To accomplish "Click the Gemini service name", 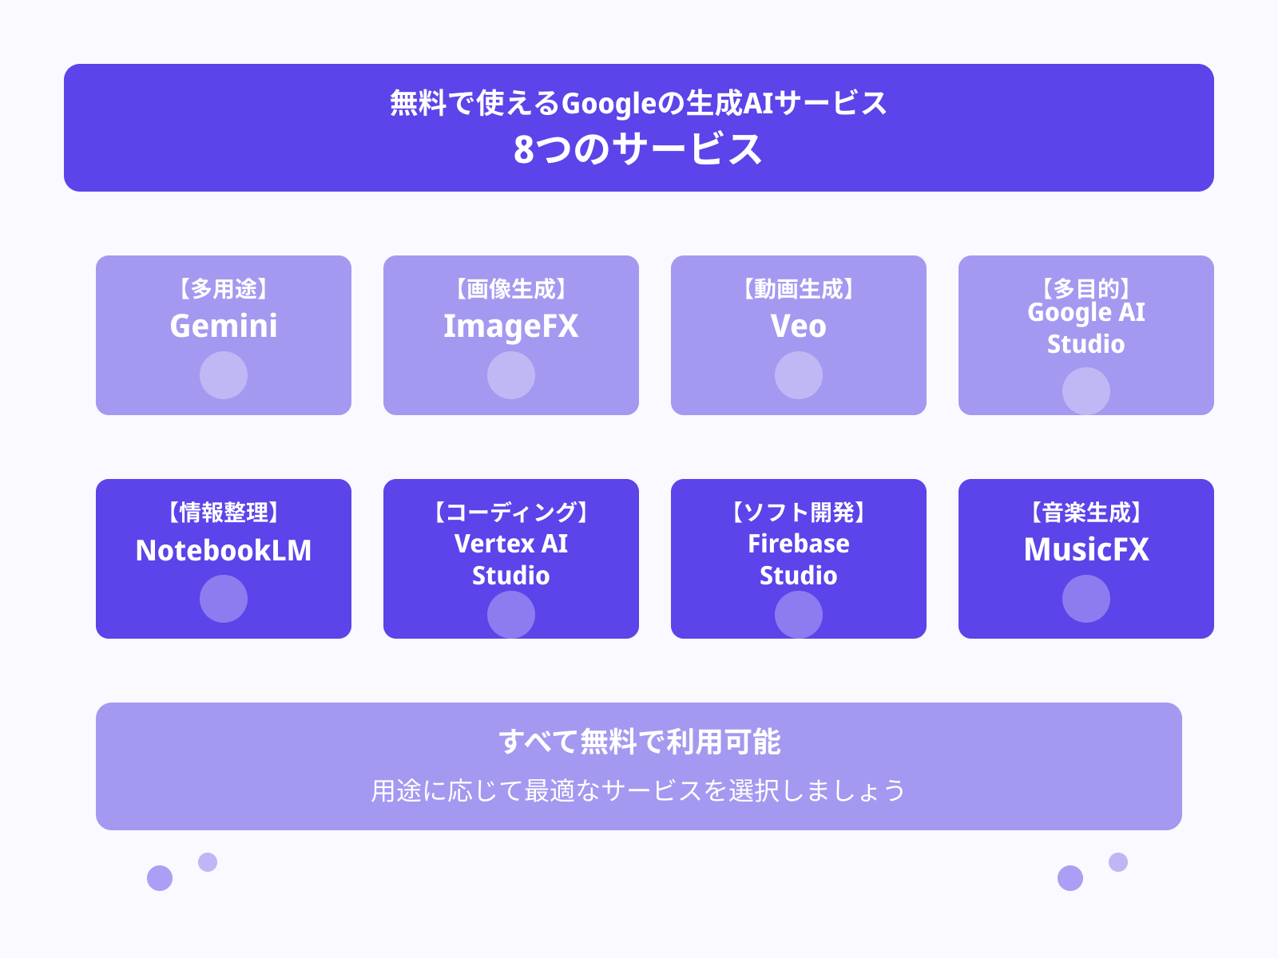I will pyautogui.click(x=224, y=326).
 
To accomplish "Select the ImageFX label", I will pyautogui.click(x=511, y=326).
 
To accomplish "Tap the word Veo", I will pyautogui.click(x=799, y=326).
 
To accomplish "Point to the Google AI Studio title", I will pyautogui.click(x=1086, y=328).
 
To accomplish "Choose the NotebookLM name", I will pyautogui.click(x=224, y=550).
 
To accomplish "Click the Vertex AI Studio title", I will pyautogui.click(x=511, y=559).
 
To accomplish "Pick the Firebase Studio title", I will pyautogui.click(x=799, y=559).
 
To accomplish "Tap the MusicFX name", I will pyautogui.click(x=1086, y=549).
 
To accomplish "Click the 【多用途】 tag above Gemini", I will pyautogui.click(x=224, y=288).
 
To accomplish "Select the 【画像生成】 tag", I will pyautogui.click(x=511, y=288).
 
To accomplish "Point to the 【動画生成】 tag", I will pyautogui.click(x=799, y=288).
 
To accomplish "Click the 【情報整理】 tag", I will pyautogui.click(x=224, y=512).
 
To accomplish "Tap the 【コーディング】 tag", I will pyautogui.click(x=511, y=512).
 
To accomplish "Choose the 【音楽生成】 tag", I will pyautogui.click(x=1086, y=512).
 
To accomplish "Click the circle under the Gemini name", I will pyautogui.click(x=224, y=375).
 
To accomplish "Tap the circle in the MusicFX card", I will pyautogui.click(x=1086, y=599).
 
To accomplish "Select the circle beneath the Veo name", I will pyautogui.click(x=799, y=375).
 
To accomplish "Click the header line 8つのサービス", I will pyautogui.click(x=638, y=149).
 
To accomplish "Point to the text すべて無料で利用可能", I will pyautogui.click(x=639, y=742).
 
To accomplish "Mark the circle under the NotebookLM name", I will pyautogui.click(x=224, y=599).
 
